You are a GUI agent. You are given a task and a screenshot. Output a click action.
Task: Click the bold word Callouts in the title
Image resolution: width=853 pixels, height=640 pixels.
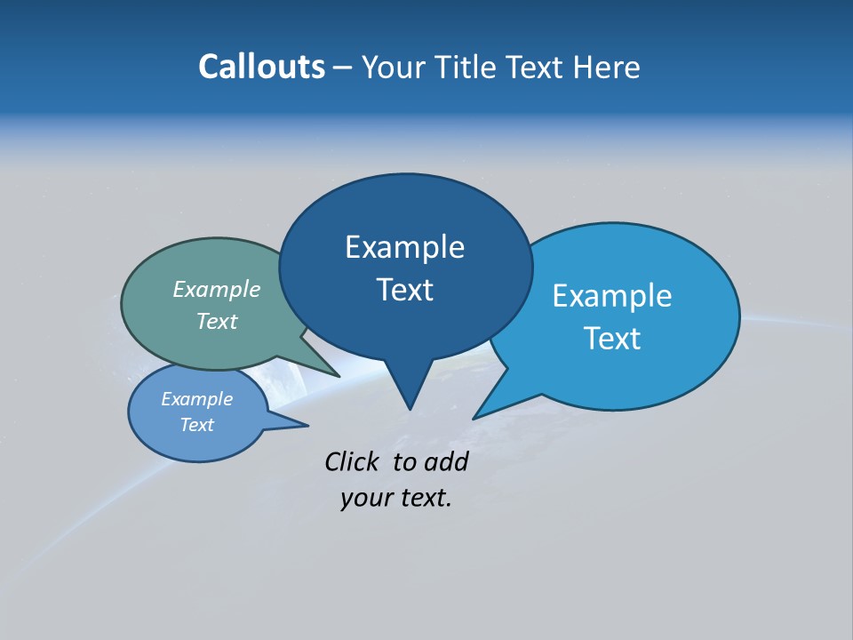pos(261,67)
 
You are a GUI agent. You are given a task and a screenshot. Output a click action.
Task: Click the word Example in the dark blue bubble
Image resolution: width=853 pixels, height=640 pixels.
pos(404,247)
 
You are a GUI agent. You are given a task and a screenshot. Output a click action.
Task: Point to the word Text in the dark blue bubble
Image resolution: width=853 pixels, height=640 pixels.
pos(404,290)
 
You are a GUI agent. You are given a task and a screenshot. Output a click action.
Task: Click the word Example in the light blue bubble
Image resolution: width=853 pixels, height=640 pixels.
pos(612,296)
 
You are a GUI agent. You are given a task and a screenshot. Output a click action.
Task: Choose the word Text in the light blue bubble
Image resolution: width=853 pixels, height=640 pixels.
pos(612,339)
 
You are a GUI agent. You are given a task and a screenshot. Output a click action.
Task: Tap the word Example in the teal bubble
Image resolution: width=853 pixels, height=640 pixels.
pos(217,289)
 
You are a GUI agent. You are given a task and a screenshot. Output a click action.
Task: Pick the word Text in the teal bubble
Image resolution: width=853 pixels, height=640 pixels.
pos(217,321)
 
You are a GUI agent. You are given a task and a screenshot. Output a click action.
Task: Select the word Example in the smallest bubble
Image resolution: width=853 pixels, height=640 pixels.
pos(196,399)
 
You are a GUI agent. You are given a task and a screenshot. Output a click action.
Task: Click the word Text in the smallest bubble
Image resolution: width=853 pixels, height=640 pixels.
pos(196,425)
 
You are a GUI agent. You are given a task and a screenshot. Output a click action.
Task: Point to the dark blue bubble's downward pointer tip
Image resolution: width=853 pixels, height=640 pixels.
pos(410,408)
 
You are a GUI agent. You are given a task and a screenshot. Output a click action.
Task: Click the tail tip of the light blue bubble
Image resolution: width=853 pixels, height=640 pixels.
pos(474,418)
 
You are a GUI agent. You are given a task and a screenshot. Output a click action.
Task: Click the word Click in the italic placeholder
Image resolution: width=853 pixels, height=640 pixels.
pos(353,461)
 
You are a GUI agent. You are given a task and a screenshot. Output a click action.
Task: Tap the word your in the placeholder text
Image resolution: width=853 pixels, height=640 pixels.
pos(366,498)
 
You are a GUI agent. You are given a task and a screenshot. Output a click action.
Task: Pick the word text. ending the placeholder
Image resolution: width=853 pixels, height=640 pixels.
pos(426,498)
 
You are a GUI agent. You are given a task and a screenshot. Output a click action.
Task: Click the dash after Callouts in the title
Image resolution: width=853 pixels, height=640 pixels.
pos(343,67)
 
